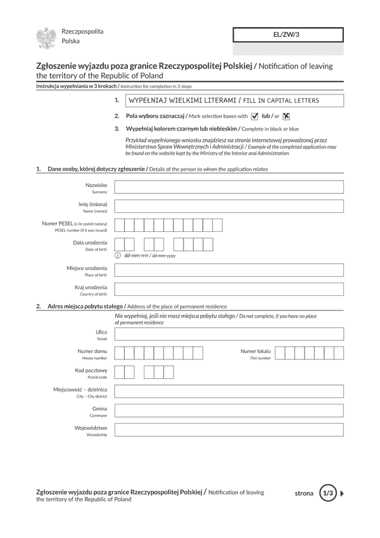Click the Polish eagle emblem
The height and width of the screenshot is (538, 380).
coord(46,38)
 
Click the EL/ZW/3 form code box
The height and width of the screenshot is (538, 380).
coord(288,35)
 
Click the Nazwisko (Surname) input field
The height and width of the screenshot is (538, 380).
coord(229,187)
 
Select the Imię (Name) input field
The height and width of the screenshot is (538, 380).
coord(229,206)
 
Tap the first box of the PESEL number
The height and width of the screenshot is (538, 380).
coord(120,225)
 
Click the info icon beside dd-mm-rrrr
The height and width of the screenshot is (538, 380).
coord(118,255)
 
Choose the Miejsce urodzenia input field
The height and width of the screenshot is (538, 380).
coord(229,271)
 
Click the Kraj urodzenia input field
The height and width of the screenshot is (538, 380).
coord(229,290)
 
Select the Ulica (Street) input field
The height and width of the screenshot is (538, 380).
coord(229,334)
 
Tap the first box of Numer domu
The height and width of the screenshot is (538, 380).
coord(120,353)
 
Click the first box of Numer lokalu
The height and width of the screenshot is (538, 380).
coord(281,353)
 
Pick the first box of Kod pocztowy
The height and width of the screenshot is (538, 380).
coord(120,372)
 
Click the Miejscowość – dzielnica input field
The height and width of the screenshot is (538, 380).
coord(229,391)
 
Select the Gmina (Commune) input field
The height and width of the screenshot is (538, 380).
coord(229,411)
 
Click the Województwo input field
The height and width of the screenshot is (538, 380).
coord(229,430)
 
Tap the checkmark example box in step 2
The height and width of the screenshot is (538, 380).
coord(255,116)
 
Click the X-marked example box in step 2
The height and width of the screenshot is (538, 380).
coord(286,116)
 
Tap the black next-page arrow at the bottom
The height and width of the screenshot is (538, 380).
coord(343,492)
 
